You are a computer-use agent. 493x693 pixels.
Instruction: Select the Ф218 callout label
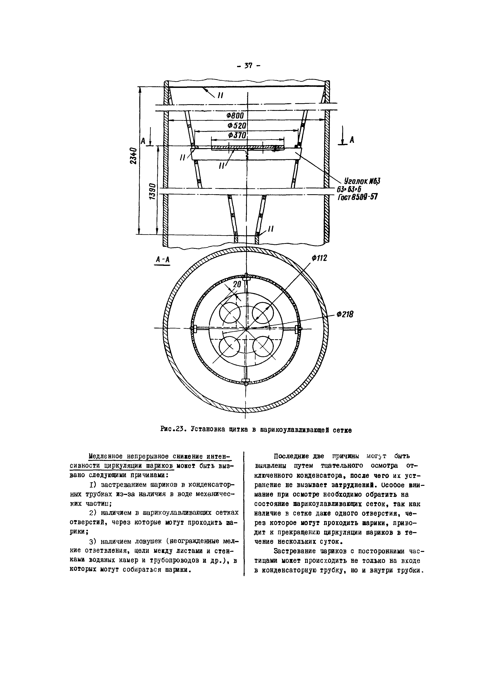[345, 315]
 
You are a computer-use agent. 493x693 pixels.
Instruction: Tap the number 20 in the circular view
[237, 284]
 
